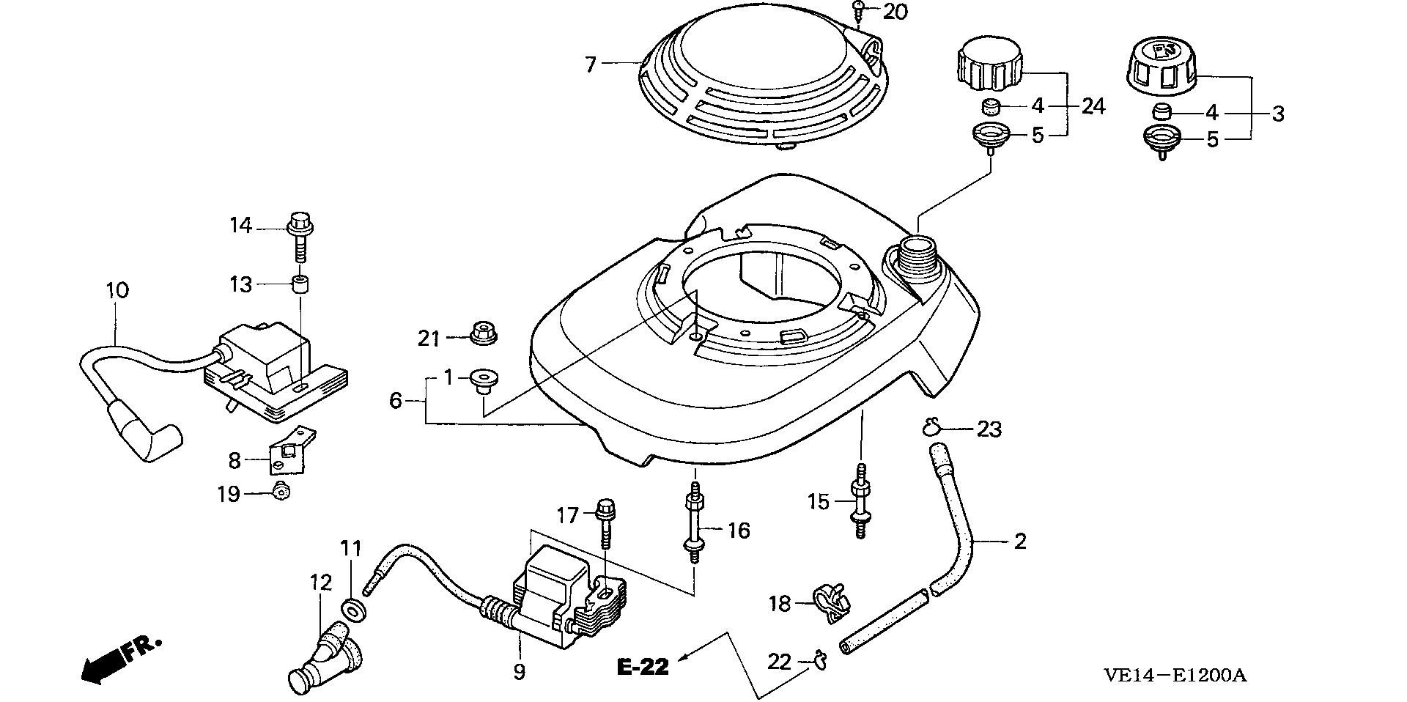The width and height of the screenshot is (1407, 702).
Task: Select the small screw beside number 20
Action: pos(860,10)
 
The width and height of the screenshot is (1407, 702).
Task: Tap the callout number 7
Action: pos(591,64)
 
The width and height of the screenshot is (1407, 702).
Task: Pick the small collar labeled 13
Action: pos(300,284)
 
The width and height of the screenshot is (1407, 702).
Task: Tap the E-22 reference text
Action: pos(643,667)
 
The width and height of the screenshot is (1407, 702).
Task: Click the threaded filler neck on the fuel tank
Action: pos(916,259)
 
